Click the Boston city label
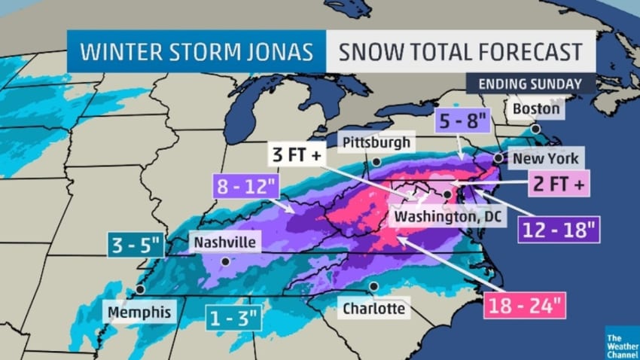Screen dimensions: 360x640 (536, 109)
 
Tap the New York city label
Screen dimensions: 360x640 (546, 159)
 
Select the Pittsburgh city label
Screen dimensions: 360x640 (377, 142)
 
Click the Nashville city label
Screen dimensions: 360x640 (224, 243)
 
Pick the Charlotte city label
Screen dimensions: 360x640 (373, 308)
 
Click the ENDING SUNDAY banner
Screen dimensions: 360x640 (531, 84)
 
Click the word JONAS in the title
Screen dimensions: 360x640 (273, 52)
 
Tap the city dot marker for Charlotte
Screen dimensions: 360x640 (373, 286)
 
